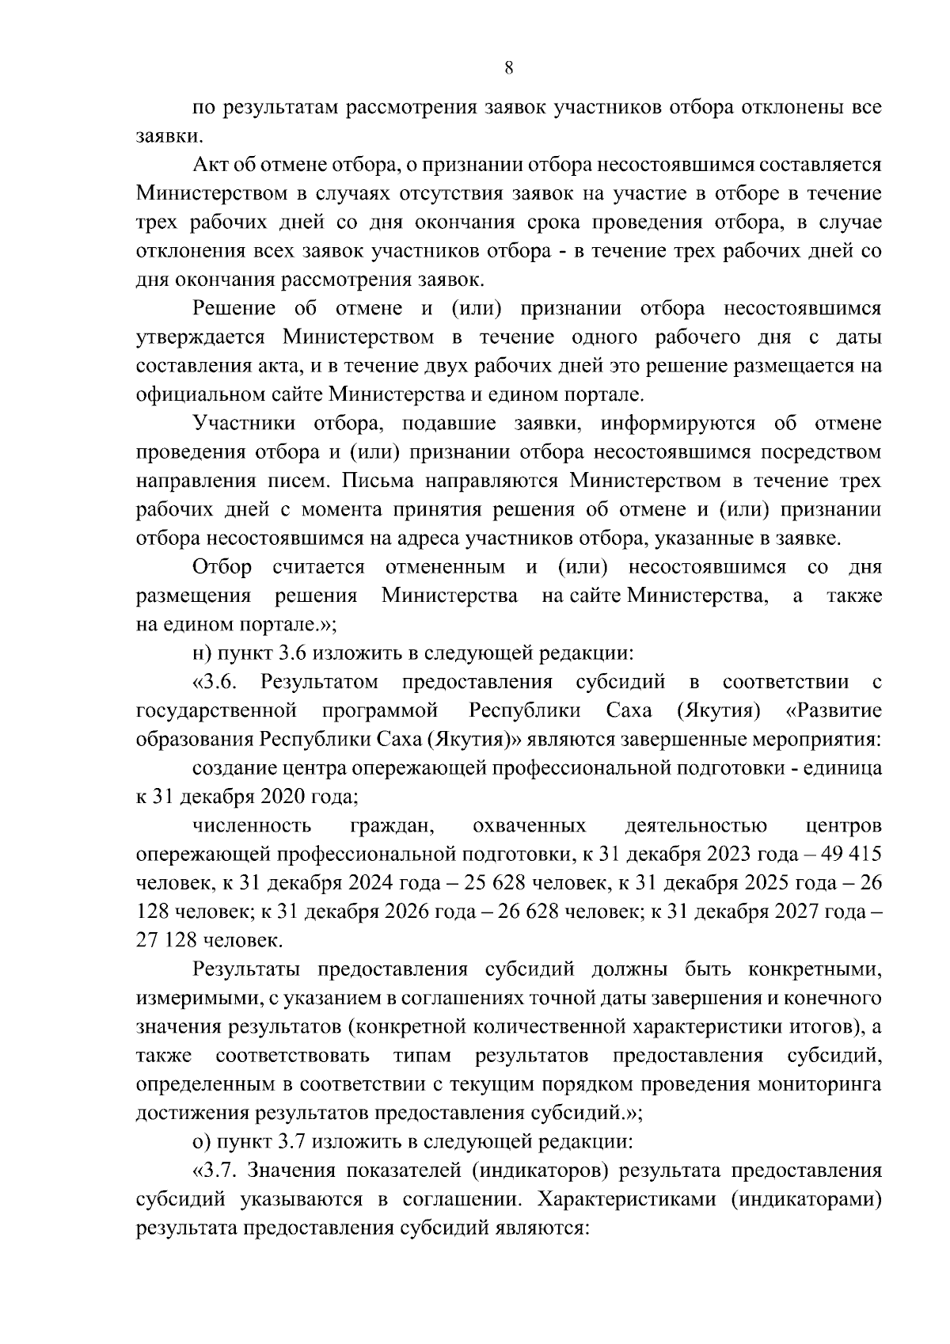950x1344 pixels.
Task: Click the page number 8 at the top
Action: coord(509,69)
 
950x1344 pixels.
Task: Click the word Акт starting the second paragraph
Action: coord(209,166)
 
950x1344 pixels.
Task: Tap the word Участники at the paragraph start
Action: coord(243,424)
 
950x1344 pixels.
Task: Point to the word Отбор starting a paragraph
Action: coord(222,567)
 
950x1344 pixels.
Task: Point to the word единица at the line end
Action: coord(846,768)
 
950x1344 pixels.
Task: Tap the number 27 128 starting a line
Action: coord(168,941)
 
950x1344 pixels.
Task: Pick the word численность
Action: coord(252,826)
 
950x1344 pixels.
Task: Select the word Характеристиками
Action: coord(621,1199)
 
